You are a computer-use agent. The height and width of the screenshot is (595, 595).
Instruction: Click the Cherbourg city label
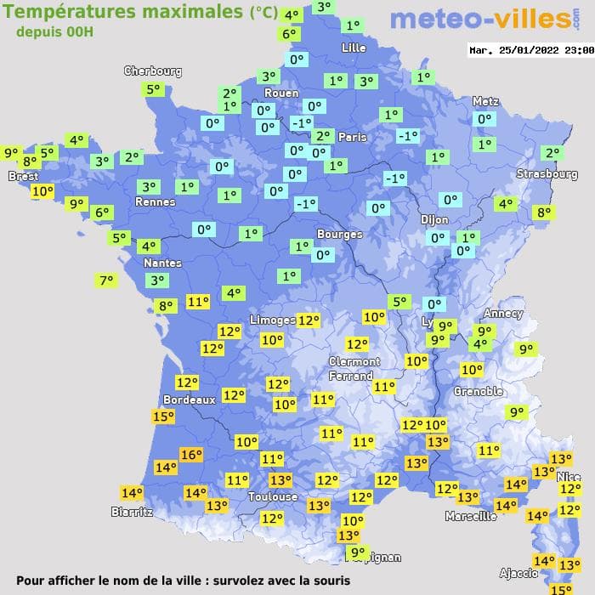pos(153,71)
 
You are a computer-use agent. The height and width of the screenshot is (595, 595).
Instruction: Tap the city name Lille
pos(354,48)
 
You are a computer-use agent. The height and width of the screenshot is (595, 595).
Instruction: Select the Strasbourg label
pos(547,174)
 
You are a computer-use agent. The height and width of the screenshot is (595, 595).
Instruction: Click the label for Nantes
pos(162,263)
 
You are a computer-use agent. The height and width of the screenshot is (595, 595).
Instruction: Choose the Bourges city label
pos(339,234)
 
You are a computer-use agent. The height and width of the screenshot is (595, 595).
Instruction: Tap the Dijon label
pos(434,219)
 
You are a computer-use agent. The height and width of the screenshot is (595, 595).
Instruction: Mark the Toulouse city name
pos(273,496)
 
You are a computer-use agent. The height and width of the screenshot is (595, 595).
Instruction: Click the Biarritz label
pos(132,512)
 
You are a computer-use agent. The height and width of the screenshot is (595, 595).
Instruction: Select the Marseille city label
pos(471,516)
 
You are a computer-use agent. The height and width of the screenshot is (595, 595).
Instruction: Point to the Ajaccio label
pos(518,573)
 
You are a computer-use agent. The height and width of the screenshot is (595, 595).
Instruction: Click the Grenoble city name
pos(479,392)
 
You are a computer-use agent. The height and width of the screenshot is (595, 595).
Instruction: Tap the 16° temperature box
pos(191,455)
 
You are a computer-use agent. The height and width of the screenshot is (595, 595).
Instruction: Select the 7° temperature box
pos(106,280)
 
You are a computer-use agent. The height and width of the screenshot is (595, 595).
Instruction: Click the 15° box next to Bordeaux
pos(163,416)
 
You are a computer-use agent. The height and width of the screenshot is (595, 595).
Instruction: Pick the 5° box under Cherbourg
pos(153,89)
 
